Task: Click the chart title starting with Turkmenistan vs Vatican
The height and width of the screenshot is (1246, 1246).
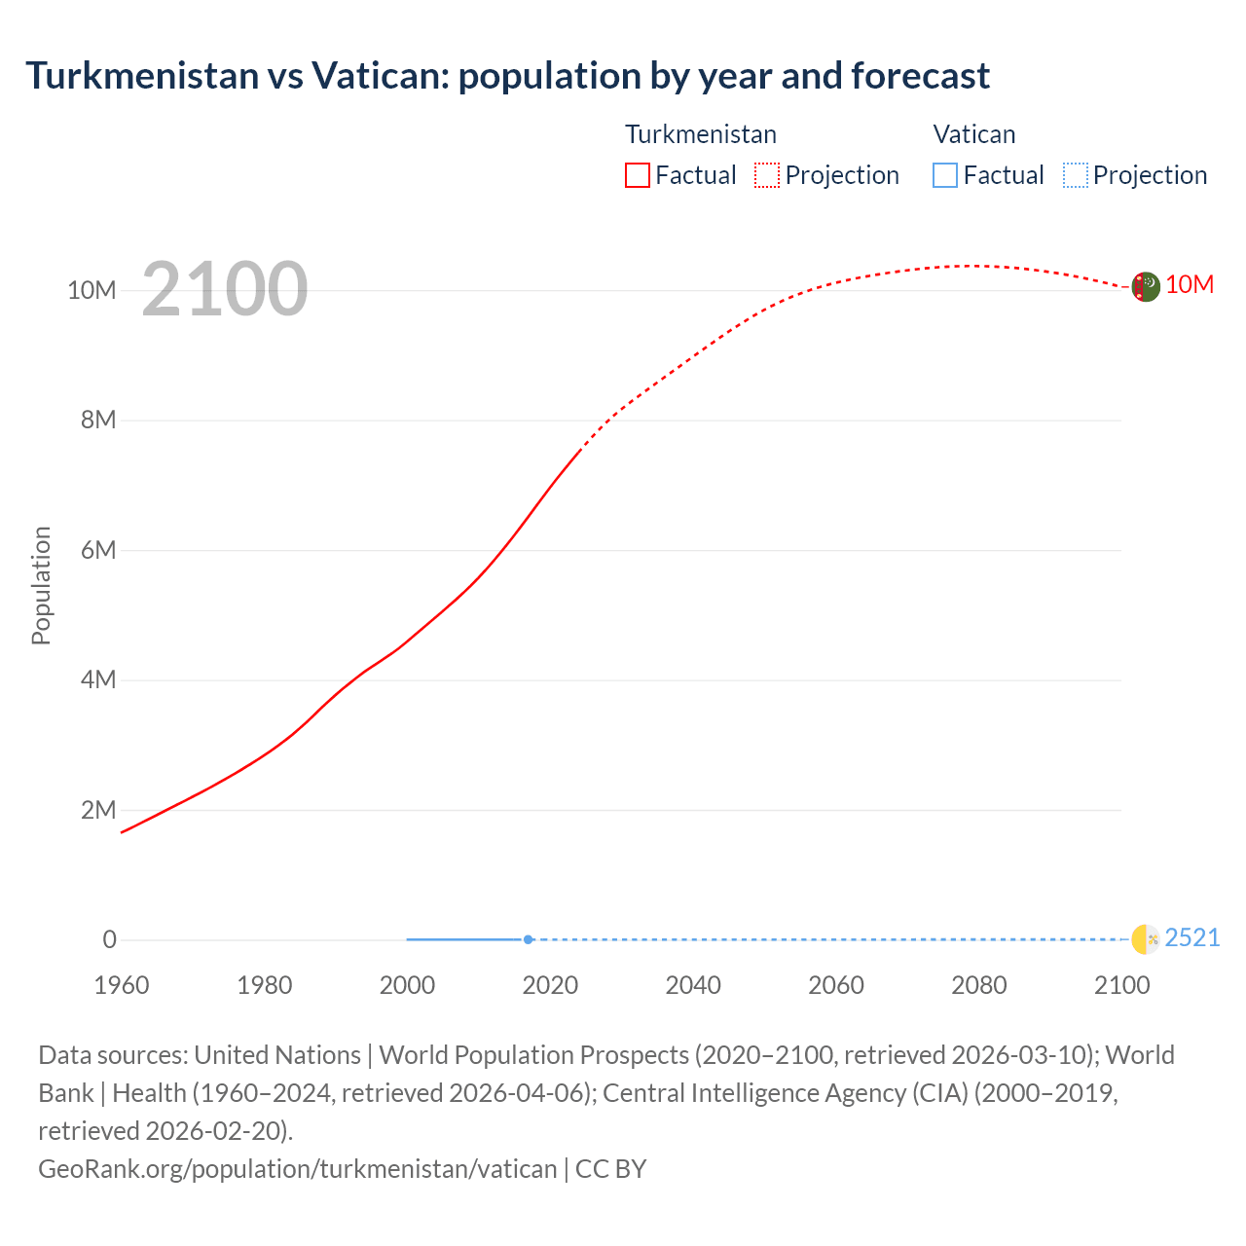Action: pos(507,76)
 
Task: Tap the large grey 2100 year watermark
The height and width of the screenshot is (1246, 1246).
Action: pos(225,289)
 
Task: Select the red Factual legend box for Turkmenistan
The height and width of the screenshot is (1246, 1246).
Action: pos(638,175)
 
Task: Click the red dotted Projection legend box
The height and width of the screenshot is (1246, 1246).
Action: pos(767,175)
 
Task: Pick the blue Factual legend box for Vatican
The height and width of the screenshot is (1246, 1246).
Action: pos(945,175)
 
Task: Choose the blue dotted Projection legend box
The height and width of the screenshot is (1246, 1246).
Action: pos(1076,175)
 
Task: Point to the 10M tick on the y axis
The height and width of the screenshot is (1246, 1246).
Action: pos(92,290)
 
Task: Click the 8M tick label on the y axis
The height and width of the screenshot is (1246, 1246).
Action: pos(98,420)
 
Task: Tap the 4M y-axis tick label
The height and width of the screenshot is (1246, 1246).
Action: pos(98,679)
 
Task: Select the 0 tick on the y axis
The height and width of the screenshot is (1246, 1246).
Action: pos(110,939)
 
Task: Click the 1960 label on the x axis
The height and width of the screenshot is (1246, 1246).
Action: pos(122,985)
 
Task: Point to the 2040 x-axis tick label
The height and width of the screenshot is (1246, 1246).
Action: pos(693,985)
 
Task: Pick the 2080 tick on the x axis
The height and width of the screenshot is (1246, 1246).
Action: pos(979,985)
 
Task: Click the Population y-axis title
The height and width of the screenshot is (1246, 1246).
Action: pos(41,585)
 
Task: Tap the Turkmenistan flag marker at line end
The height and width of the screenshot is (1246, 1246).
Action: pos(1146,287)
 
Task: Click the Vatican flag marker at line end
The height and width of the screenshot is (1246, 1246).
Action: pos(1146,939)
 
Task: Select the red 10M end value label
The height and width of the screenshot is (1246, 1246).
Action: pos(1190,284)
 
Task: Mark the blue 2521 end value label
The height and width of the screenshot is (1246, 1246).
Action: pos(1192,937)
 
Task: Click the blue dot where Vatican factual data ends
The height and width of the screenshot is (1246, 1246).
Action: pos(528,939)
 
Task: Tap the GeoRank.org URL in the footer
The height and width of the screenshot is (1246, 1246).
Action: pos(297,1168)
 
